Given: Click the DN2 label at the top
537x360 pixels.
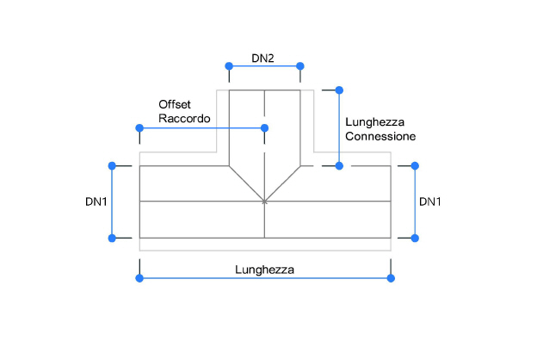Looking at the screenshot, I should click(x=262, y=59).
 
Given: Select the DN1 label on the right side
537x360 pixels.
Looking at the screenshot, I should click(x=430, y=202).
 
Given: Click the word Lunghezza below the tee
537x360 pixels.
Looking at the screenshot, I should click(x=264, y=269).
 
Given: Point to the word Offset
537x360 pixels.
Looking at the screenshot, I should click(x=175, y=102).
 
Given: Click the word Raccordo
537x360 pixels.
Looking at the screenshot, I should click(x=184, y=118).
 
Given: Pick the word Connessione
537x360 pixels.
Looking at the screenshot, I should click(x=380, y=136).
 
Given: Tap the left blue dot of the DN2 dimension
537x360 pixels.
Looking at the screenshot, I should click(x=228, y=66).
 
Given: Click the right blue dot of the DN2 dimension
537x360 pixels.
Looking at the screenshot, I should click(x=300, y=66).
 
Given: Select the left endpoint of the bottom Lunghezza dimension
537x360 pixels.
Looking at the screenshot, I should click(x=139, y=277).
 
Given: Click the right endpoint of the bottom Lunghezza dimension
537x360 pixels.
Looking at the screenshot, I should click(x=391, y=277).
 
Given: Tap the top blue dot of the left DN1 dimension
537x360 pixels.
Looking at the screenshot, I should click(x=111, y=164).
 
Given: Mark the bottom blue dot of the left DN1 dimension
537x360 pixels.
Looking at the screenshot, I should click(x=111, y=238).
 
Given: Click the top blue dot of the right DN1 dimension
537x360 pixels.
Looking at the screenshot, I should click(x=415, y=164).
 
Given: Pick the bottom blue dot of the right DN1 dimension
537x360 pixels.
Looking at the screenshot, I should click(x=415, y=238).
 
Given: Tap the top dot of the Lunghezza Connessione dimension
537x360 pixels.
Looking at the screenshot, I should click(x=339, y=90).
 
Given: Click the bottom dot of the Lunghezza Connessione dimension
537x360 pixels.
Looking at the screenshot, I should click(x=339, y=164).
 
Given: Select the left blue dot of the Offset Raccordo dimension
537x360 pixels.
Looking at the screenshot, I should click(x=139, y=128).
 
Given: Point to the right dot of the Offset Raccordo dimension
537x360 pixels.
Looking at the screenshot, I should click(x=264, y=128).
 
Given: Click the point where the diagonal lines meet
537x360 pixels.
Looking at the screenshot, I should click(x=264, y=202).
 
